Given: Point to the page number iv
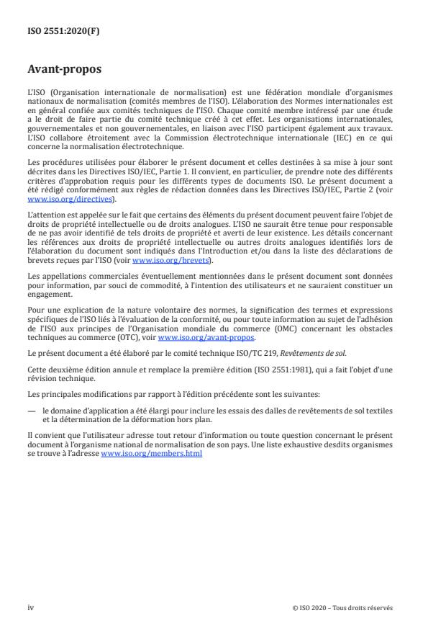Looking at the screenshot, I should (x=31, y=607).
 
